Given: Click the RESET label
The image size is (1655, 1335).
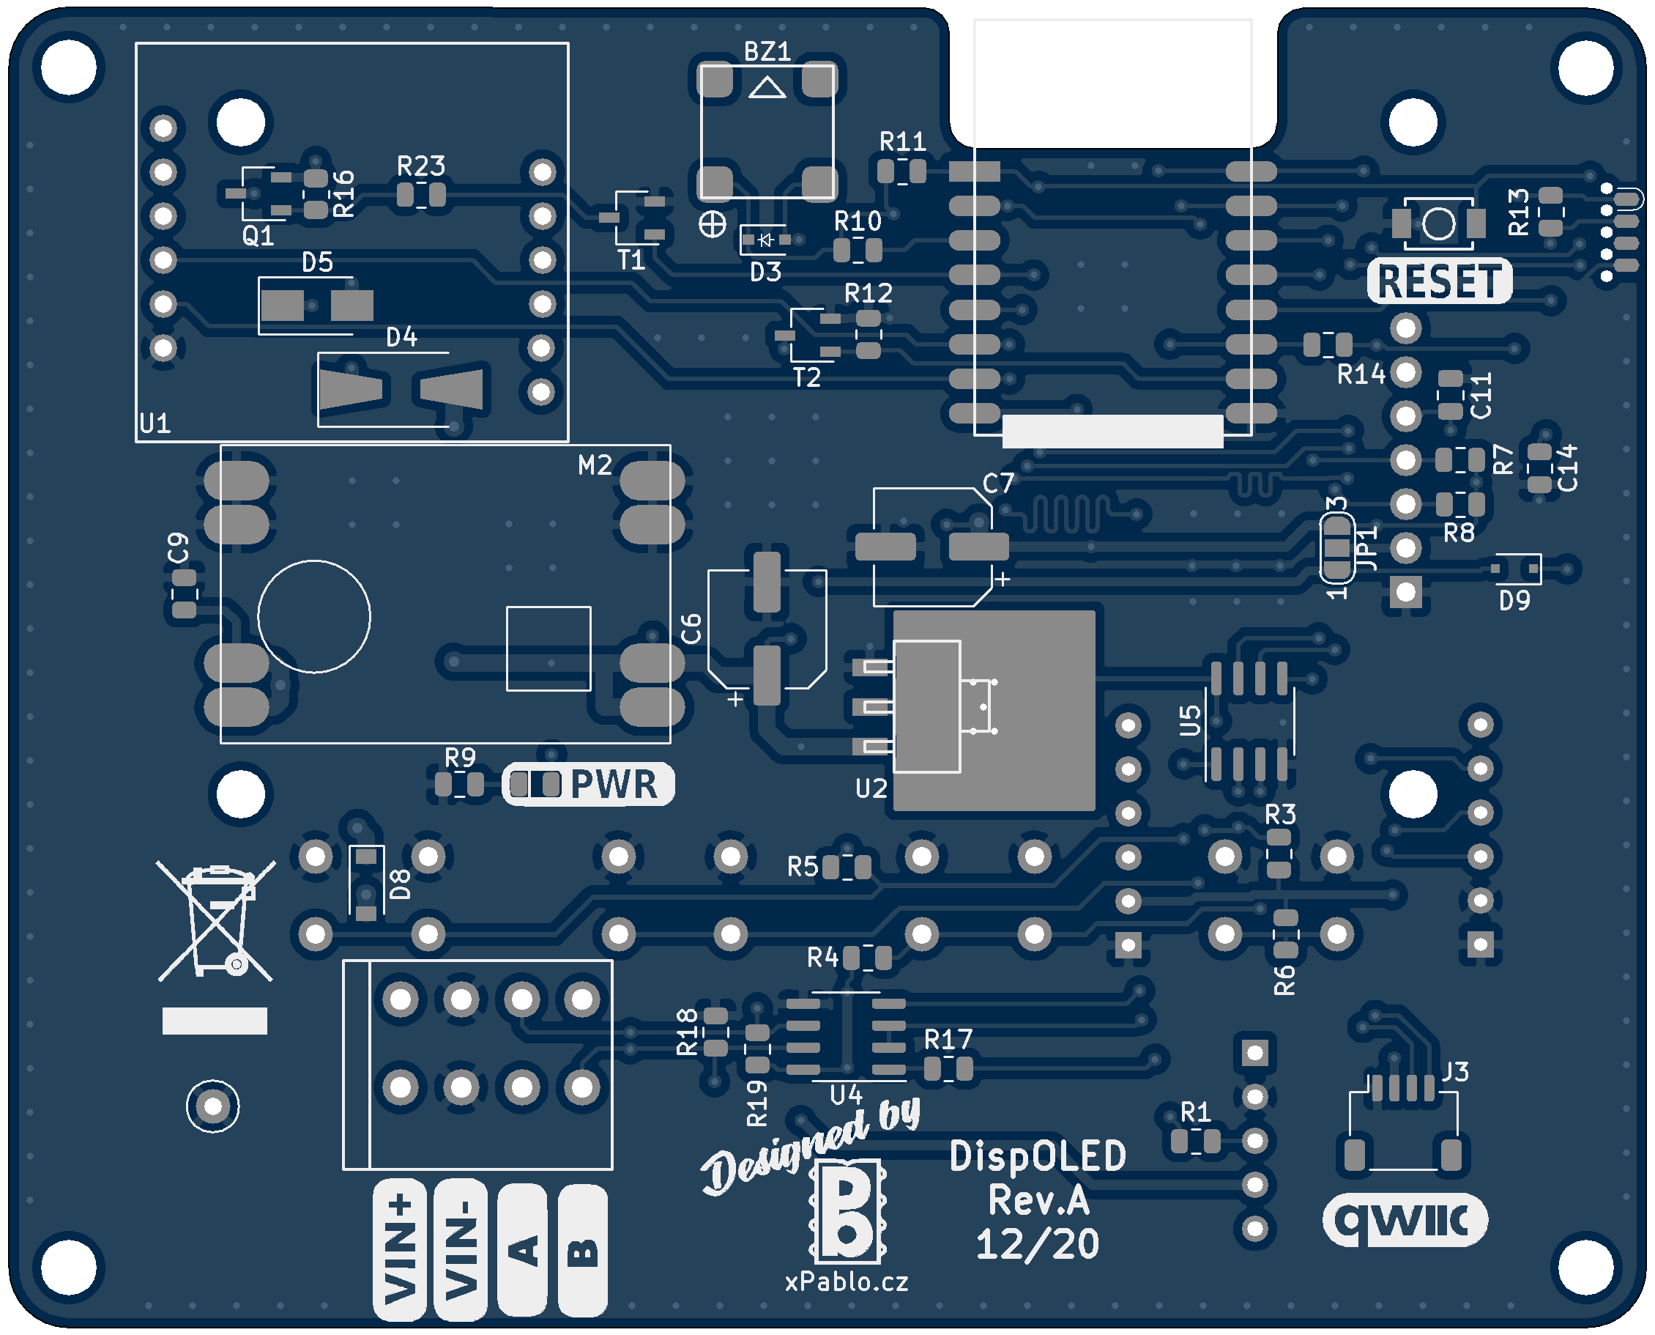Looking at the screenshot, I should [x=1438, y=281].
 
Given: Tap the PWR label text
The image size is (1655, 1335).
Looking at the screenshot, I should [x=614, y=785].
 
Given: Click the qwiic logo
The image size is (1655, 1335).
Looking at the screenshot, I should [x=1405, y=1220].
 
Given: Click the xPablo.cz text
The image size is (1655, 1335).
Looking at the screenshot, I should [x=847, y=1282].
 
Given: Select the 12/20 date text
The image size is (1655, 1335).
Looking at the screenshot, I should [x=1038, y=1244].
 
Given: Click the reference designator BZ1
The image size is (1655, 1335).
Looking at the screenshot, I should [x=767, y=51].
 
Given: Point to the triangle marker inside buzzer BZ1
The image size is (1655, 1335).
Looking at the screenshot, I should [x=767, y=89].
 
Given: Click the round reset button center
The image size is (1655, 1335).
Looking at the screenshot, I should [x=1438, y=223].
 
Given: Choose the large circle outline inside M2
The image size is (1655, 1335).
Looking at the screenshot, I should [x=313, y=616].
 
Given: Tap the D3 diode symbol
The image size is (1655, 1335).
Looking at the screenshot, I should [x=765, y=240].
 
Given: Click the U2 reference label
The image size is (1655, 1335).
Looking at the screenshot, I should [x=871, y=788].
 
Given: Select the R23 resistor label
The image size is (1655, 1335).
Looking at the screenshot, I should [x=421, y=166].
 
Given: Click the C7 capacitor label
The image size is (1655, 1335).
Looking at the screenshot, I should [x=999, y=484].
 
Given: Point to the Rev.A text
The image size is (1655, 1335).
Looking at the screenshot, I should [x=1038, y=1200].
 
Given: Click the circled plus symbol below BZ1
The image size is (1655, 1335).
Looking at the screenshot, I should [x=713, y=224].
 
